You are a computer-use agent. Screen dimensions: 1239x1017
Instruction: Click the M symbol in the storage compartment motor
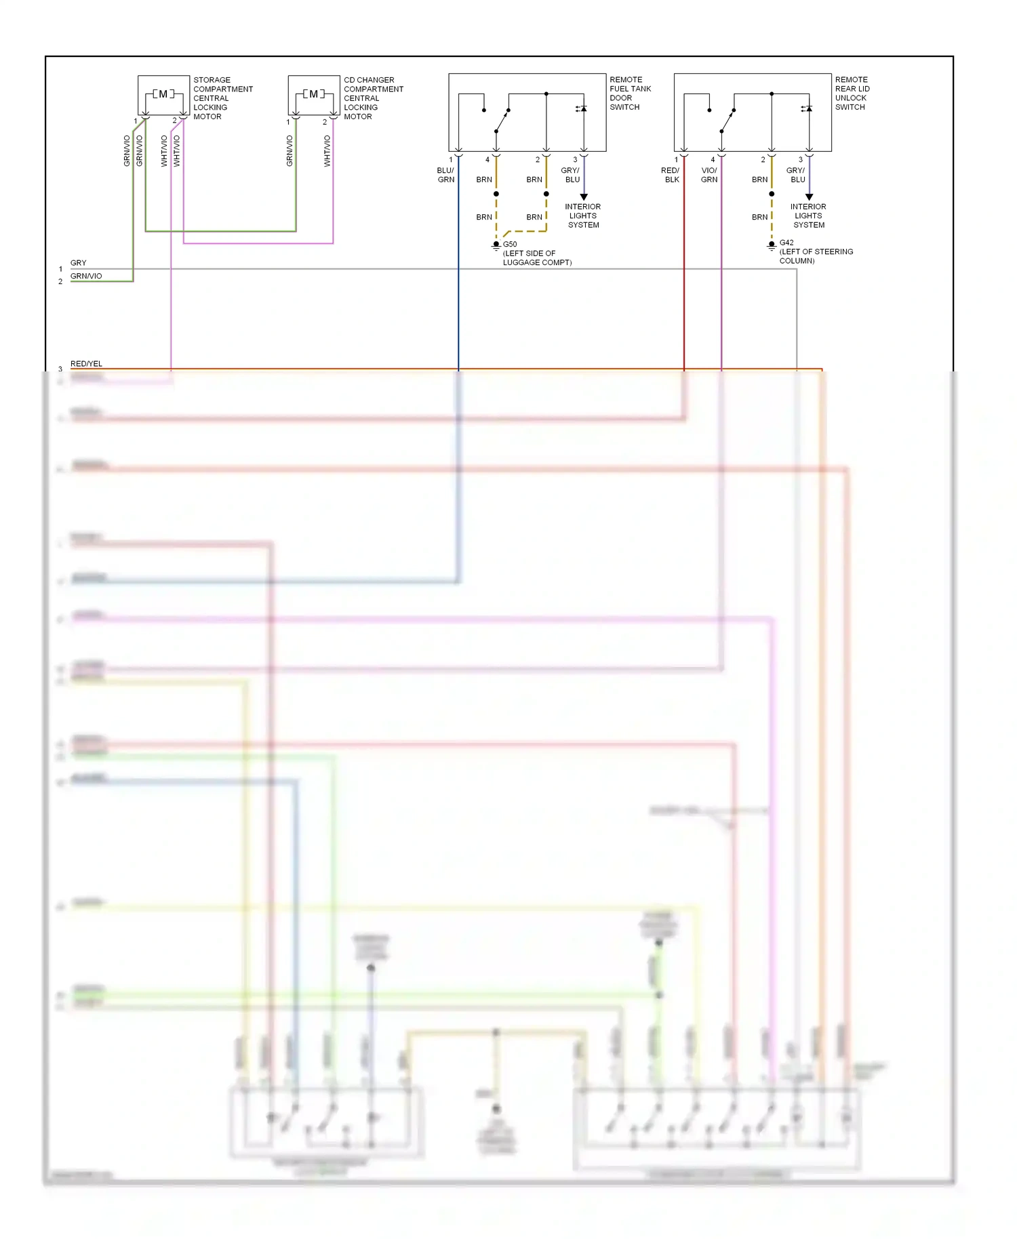point(163,94)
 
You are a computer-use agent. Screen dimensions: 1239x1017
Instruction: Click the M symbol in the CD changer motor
point(313,94)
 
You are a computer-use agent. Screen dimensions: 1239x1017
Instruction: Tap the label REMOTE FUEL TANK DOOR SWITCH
point(630,94)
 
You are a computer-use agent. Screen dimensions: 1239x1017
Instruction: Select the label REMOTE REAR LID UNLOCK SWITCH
point(852,94)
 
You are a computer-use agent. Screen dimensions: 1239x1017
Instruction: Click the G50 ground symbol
point(496,245)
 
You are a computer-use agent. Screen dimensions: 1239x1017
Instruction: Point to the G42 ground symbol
point(772,245)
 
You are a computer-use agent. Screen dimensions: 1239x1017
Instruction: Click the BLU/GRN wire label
point(445,175)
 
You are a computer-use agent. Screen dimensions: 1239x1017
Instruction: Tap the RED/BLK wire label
point(671,175)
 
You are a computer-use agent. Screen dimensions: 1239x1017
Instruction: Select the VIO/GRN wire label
point(709,175)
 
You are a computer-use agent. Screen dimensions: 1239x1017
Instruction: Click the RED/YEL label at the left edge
point(86,364)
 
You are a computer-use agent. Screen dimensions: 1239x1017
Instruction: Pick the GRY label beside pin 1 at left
point(79,263)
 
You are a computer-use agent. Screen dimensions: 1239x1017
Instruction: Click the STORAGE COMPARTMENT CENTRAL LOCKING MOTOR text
point(222,98)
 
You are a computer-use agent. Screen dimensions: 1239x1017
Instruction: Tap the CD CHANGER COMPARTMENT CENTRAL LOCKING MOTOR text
point(373,98)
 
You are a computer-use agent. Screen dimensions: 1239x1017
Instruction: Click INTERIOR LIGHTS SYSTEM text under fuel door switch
point(583,216)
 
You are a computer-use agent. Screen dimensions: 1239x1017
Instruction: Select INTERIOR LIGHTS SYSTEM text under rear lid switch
point(808,216)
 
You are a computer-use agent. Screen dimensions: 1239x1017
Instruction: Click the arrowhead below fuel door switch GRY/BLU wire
point(584,197)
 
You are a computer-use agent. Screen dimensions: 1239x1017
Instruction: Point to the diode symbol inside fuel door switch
point(582,108)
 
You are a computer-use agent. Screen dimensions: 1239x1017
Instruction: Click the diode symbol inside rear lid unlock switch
point(807,108)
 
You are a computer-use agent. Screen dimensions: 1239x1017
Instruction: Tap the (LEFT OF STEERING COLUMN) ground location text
point(816,256)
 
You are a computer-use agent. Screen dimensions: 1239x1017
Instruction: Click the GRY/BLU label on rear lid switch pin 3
point(796,175)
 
